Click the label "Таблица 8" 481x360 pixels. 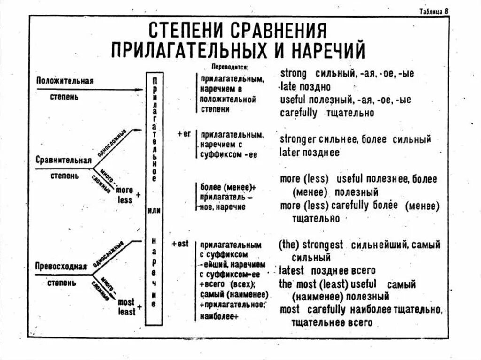coord(434,12)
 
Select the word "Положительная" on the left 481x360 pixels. coord(65,81)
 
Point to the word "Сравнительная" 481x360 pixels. coord(63,160)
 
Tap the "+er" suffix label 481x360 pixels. coord(184,134)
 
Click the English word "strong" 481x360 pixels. coord(293,74)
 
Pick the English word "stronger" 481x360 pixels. coord(299,139)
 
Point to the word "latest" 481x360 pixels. coord(291,270)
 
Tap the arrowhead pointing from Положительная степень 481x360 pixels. coord(140,89)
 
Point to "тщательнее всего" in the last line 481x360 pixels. coord(332,322)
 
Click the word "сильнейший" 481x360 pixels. coord(375,245)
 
